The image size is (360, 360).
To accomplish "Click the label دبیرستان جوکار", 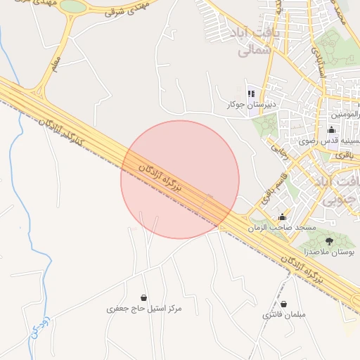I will (250, 105).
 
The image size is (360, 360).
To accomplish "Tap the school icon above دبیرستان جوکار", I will (251, 94).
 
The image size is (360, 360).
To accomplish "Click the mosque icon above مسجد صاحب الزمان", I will (283, 217).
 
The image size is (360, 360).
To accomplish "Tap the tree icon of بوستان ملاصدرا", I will (330, 241).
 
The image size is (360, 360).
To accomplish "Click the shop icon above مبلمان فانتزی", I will (283, 304).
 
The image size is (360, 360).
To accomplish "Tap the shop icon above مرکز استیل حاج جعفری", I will (144, 297).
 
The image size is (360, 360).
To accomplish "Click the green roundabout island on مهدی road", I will (72, 6).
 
